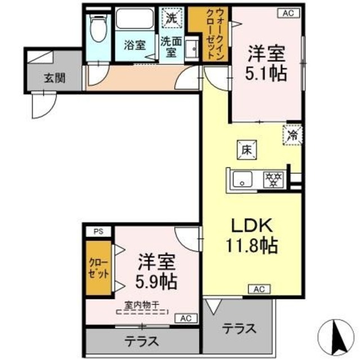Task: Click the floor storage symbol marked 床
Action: coord(246,150)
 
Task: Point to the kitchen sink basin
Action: coord(244,181)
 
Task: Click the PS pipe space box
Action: coord(98,231)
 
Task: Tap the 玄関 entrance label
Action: coord(55,77)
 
